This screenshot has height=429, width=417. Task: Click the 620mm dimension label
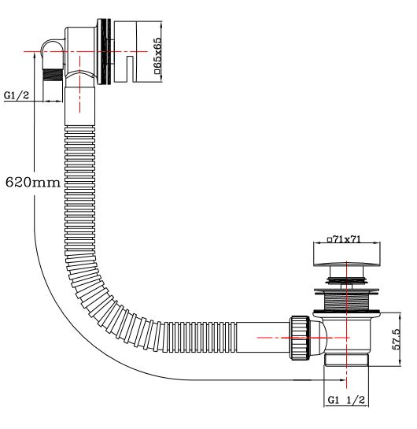tap(33, 182)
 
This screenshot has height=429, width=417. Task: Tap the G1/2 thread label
tap(17, 95)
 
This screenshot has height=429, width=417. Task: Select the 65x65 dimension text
tap(157, 53)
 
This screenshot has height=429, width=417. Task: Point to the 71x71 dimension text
tap(347, 239)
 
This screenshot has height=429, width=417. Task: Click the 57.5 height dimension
tap(397, 339)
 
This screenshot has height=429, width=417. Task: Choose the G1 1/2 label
tap(346, 400)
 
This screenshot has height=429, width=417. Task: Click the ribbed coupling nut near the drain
tap(300, 338)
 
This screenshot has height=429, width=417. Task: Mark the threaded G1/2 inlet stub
tap(53, 75)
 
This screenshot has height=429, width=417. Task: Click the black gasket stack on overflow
tap(104, 51)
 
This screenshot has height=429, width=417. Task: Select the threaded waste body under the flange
tap(347, 301)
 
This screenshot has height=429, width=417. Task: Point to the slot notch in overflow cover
tap(130, 69)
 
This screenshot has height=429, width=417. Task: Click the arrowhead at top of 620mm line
tap(34, 55)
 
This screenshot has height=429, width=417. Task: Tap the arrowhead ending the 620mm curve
tap(343, 379)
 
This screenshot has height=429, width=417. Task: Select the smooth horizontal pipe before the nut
tap(263, 338)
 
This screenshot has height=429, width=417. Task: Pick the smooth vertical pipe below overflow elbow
tap(79, 106)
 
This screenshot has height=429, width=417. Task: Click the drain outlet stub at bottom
tap(346, 360)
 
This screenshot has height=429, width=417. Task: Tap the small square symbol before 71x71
tap(330, 240)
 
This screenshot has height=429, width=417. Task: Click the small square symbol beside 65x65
tap(157, 72)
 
